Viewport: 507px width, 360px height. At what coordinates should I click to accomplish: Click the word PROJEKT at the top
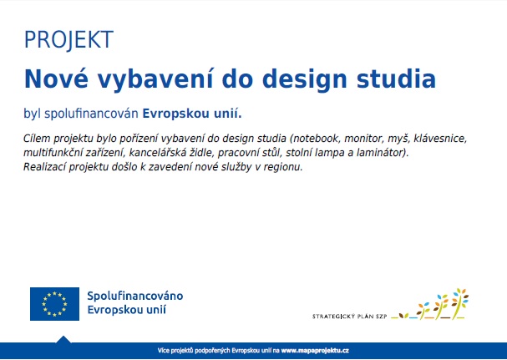68,39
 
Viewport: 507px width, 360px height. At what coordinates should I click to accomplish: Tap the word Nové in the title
56,79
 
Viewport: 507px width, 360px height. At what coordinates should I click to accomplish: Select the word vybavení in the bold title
155,79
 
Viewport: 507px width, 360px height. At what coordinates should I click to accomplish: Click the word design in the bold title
304,79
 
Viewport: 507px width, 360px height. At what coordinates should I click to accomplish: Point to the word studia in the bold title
396,79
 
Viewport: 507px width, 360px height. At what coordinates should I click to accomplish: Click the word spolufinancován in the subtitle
91,114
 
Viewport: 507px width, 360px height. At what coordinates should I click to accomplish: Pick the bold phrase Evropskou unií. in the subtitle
192,114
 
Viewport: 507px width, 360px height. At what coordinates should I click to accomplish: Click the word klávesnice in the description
440,139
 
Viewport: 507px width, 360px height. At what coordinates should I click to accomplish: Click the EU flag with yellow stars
54,304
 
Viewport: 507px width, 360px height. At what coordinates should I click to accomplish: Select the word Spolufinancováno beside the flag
135,296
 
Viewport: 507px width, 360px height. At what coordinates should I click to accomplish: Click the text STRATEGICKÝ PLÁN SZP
349,317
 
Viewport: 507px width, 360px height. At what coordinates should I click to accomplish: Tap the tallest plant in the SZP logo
459,303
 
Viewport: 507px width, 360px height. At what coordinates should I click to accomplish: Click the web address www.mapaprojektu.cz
315,350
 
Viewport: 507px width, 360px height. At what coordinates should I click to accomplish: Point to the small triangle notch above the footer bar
63,339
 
